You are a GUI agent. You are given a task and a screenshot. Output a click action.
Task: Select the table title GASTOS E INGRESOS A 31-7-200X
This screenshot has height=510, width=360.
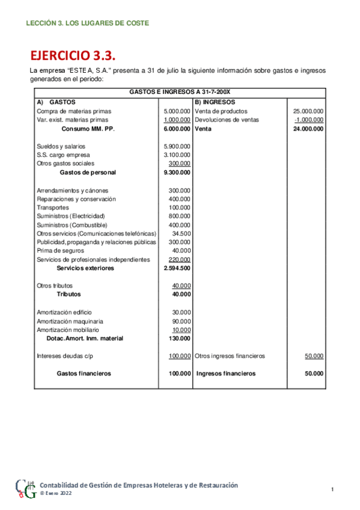tap(180, 93)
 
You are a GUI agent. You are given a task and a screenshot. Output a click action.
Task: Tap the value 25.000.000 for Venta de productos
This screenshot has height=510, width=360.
tap(308, 111)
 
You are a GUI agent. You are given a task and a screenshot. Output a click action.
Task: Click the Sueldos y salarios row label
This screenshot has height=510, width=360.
tap(61, 146)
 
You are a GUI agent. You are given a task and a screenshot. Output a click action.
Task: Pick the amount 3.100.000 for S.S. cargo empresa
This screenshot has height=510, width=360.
tap(177, 155)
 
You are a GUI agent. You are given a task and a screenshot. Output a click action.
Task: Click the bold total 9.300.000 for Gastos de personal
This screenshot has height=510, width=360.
tap(177, 172)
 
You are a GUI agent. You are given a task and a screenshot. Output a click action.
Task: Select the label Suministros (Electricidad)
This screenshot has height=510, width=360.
tap(70, 216)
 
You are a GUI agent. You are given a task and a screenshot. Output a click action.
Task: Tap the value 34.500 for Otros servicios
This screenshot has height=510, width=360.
tap(181, 233)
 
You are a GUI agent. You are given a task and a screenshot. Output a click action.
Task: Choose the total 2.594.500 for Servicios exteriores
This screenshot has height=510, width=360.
tap(177, 268)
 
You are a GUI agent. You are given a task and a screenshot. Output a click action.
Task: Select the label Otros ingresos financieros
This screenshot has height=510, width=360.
tap(230, 356)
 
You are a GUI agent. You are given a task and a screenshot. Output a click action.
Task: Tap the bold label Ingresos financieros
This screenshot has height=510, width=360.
tap(226, 373)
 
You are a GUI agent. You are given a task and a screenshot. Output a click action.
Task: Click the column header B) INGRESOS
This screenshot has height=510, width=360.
tap(215, 102)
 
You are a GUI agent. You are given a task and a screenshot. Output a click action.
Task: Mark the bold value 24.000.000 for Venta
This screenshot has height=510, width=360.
tap(308, 129)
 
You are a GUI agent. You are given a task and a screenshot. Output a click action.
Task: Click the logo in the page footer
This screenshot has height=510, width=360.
tap(25, 488)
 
